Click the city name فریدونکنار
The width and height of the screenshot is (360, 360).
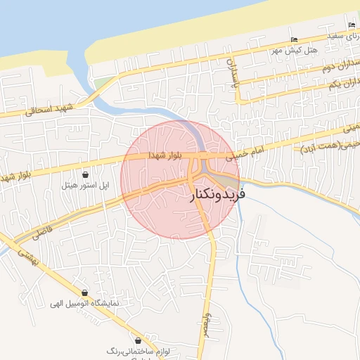218,195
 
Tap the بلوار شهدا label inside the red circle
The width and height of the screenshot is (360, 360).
165,155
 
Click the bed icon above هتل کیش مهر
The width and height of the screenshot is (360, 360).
294,39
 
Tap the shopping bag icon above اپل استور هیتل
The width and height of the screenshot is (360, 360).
85,174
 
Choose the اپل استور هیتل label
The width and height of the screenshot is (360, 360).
85,186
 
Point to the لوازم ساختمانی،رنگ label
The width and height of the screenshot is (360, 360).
131,349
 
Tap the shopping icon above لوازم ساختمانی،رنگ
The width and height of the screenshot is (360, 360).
131,338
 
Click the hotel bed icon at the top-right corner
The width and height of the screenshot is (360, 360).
352,26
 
